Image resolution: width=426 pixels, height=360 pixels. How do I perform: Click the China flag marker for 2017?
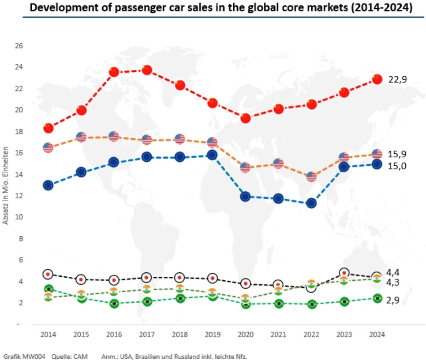point(147,70)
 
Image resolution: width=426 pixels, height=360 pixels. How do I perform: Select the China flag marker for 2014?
point(48,128)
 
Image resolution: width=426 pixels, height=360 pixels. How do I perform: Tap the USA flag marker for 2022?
point(311,177)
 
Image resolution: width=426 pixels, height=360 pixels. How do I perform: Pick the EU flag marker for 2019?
point(213,155)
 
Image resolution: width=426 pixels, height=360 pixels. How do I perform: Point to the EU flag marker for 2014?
point(48,186)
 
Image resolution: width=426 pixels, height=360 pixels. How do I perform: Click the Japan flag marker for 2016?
point(114,280)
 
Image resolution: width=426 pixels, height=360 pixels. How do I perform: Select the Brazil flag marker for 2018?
point(179,298)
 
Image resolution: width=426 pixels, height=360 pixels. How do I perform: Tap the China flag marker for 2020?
point(246,118)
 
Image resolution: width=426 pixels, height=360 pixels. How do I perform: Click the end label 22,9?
point(397,79)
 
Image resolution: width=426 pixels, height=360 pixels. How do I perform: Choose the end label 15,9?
point(397,154)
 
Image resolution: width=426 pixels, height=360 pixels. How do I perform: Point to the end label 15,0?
point(397,166)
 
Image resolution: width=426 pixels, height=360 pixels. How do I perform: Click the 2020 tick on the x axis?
point(246,334)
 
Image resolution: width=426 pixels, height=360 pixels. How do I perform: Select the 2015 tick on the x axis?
point(81,334)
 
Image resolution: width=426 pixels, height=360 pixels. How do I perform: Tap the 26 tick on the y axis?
point(19,46)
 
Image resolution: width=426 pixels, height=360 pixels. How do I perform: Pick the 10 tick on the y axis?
point(19,217)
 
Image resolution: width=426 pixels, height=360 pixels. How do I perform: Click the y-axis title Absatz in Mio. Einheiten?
point(6,185)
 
